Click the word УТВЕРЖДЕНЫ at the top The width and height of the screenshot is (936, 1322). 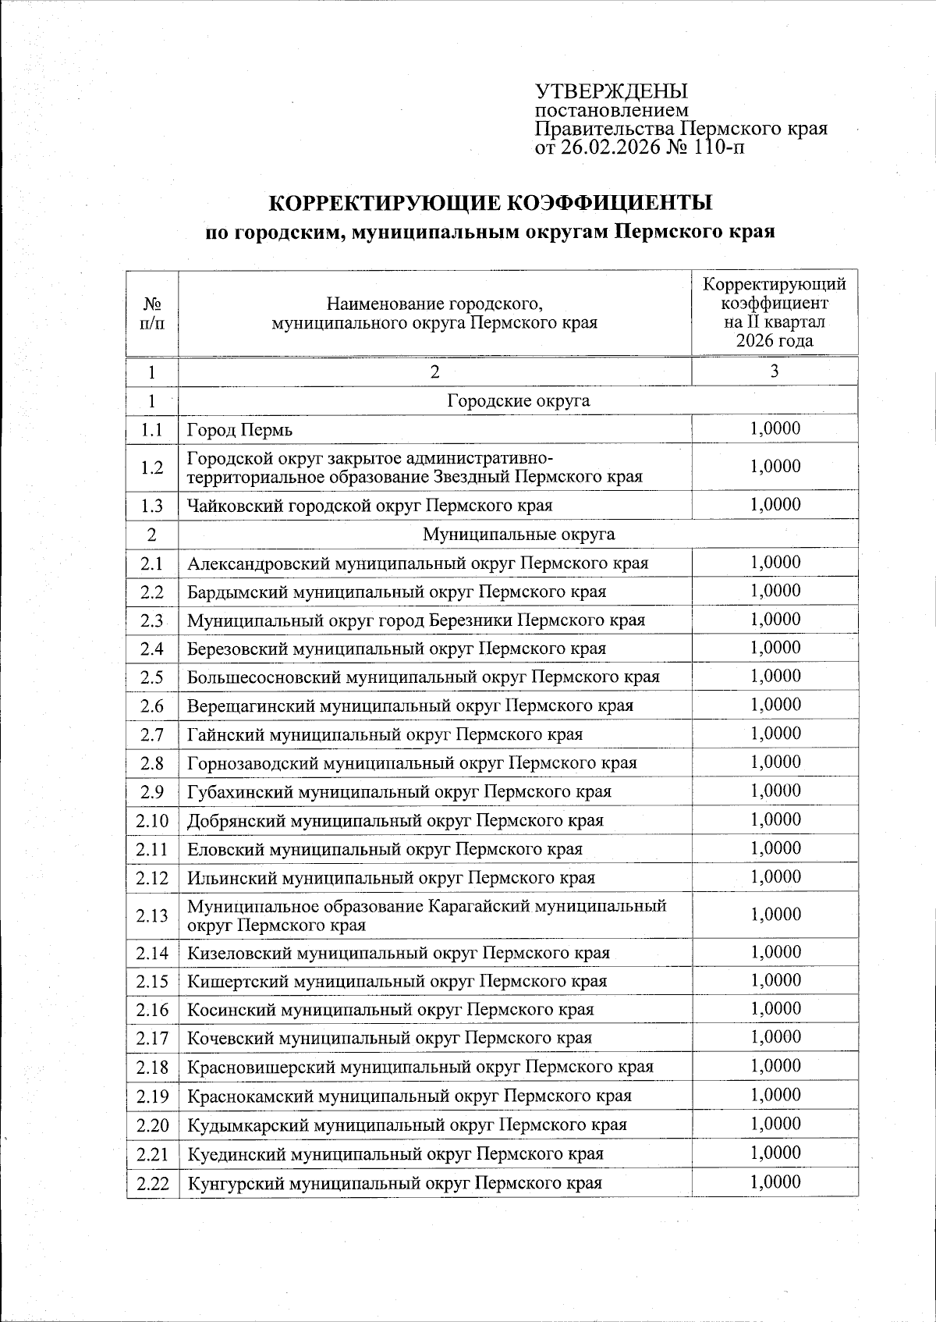click(x=612, y=91)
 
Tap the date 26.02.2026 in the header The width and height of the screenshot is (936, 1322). click(x=606, y=147)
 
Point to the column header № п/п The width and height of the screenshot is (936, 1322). click(x=153, y=314)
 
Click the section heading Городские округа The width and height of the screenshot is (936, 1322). click(x=518, y=401)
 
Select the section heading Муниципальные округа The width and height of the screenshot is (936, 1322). click(x=518, y=535)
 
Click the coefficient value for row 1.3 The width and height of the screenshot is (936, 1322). click(x=775, y=505)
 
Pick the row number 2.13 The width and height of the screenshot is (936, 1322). click(x=152, y=915)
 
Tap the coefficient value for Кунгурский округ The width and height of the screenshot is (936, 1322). click(x=775, y=1182)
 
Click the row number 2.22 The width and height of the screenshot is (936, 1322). click(x=152, y=1183)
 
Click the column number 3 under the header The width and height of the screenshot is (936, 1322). click(x=775, y=372)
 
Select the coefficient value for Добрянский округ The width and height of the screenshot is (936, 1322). click(x=775, y=819)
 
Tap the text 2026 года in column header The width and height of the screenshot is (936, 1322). click(x=775, y=341)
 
